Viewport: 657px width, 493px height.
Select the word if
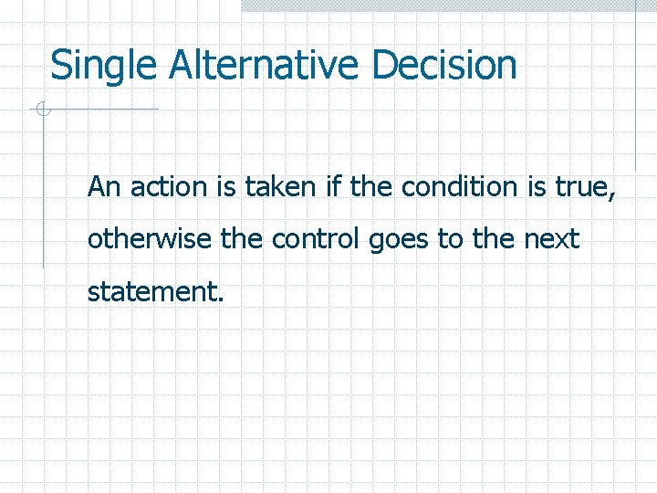coord(334,187)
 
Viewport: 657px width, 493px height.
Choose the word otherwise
coord(151,240)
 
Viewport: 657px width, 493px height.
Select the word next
coord(551,240)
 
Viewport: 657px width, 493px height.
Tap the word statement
coord(154,293)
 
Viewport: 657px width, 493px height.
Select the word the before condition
coord(371,187)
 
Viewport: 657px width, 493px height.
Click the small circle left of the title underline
coord(41,110)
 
